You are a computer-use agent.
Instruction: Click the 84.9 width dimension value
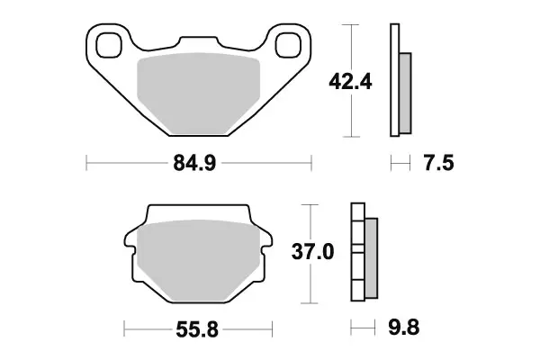[x=198, y=164]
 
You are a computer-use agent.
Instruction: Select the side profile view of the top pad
[x=397, y=81]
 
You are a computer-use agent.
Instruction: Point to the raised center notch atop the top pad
[x=198, y=42]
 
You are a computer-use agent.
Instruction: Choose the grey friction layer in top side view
[x=404, y=90]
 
